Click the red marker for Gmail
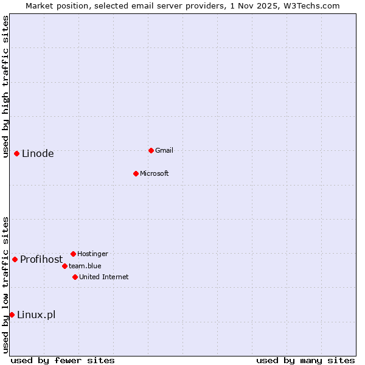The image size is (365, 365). pos(151,150)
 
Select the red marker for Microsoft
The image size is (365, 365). pos(136,173)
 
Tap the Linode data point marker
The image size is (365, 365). pos(16,153)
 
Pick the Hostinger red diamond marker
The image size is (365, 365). pos(73,254)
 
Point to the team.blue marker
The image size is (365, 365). pos(64,266)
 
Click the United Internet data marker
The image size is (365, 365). pos(75,277)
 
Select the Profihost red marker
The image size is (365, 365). pos(15,259)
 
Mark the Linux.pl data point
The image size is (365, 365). pos(12,315)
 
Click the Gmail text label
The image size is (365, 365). pos(164,150)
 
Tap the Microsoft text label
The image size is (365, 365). pos(155,173)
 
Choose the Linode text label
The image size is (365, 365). pos(38,153)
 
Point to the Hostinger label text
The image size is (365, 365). pos(92,254)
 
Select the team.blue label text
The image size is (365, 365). pos(85,266)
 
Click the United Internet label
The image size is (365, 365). pos(104,277)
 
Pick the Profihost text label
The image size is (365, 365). pos(41,260)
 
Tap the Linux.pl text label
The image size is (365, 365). pos(36,315)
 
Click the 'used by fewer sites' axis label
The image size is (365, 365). pos(63,360)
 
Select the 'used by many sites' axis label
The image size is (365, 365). pos(305,360)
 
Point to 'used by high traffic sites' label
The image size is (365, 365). pos(5,86)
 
